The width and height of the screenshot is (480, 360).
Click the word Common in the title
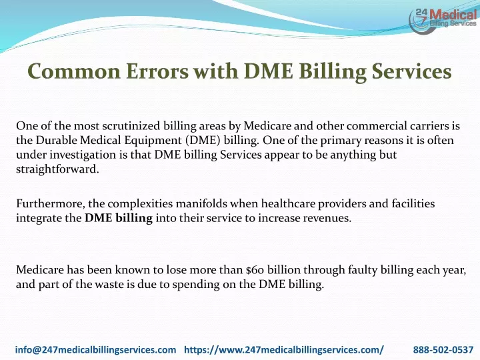coord(74,71)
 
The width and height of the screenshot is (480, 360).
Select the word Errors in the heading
coord(157,71)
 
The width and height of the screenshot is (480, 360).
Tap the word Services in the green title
coord(411,71)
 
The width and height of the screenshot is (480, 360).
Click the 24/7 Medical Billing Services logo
coord(443,20)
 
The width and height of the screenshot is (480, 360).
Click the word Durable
coord(56,140)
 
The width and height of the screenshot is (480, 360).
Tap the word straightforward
coord(57,169)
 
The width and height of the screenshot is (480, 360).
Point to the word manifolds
coord(201,203)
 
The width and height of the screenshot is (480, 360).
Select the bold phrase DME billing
coord(119,218)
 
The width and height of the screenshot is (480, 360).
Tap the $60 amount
coord(255,270)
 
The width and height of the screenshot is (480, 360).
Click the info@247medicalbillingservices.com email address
coord(95,349)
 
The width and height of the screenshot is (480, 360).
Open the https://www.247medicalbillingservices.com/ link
coord(284,349)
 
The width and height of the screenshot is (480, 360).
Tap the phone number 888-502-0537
coord(443,349)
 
